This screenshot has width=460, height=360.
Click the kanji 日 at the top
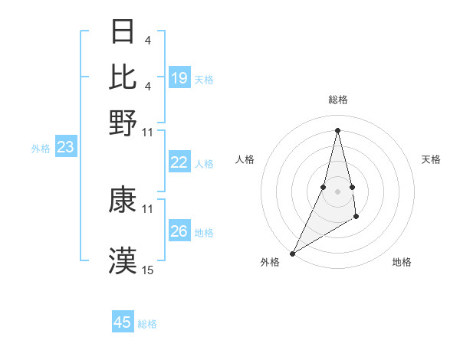[x=123, y=32]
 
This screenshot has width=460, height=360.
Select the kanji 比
[x=123, y=77]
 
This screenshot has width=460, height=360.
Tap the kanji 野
[x=123, y=122]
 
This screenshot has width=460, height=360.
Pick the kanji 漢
[x=123, y=260]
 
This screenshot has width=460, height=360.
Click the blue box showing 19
[x=179, y=78]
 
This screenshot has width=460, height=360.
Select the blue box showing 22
[x=179, y=162]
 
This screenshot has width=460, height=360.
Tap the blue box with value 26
[x=179, y=231]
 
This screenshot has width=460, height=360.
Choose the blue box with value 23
[x=65, y=148]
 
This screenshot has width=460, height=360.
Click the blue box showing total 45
[x=123, y=322]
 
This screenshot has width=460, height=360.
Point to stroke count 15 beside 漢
[x=148, y=270]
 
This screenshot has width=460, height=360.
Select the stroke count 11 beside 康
[x=148, y=208]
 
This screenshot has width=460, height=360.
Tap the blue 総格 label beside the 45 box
[x=147, y=324]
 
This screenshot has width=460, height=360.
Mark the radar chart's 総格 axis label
[x=337, y=100]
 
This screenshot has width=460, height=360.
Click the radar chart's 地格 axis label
[x=402, y=263]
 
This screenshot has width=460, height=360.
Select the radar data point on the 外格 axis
[x=292, y=254]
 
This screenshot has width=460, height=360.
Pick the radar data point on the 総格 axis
[x=337, y=129]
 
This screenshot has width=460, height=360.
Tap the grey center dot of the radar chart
[x=337, y=191]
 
